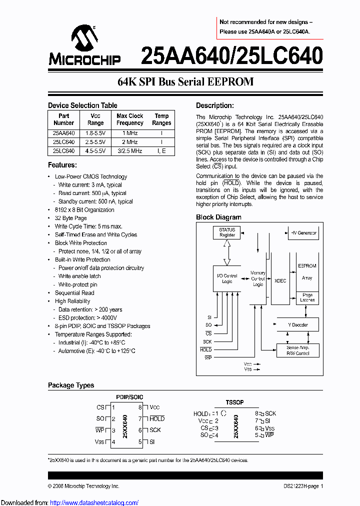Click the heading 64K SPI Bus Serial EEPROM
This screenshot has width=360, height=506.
tap(185, 82)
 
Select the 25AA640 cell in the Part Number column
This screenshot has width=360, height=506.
tap(63, 133)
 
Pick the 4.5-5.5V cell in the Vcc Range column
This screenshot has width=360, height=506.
tap(95, 150)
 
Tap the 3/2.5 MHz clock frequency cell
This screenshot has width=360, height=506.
tap(129, 150)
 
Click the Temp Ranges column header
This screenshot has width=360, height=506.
tap(161, 119)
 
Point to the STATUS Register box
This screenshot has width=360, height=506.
tap(227, 232)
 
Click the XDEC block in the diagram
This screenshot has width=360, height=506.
tap(280, 281)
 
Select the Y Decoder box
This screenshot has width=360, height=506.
tap(298, 325)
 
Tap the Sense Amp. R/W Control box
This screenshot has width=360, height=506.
tap(298, 350)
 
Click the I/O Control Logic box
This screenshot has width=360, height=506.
tap(226, 278)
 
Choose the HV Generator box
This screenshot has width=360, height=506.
tap(304, 233)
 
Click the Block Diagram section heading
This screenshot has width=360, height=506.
tap(218, 217)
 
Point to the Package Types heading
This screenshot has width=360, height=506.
tap(71, 385)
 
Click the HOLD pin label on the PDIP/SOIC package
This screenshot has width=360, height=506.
tap(157, 418)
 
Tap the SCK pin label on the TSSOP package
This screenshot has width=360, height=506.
tap(270, 413)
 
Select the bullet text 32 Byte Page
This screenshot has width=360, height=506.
tap(70, 218)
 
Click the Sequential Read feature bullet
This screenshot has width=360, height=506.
tap(74, 293)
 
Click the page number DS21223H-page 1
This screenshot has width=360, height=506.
tap(300, 486)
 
